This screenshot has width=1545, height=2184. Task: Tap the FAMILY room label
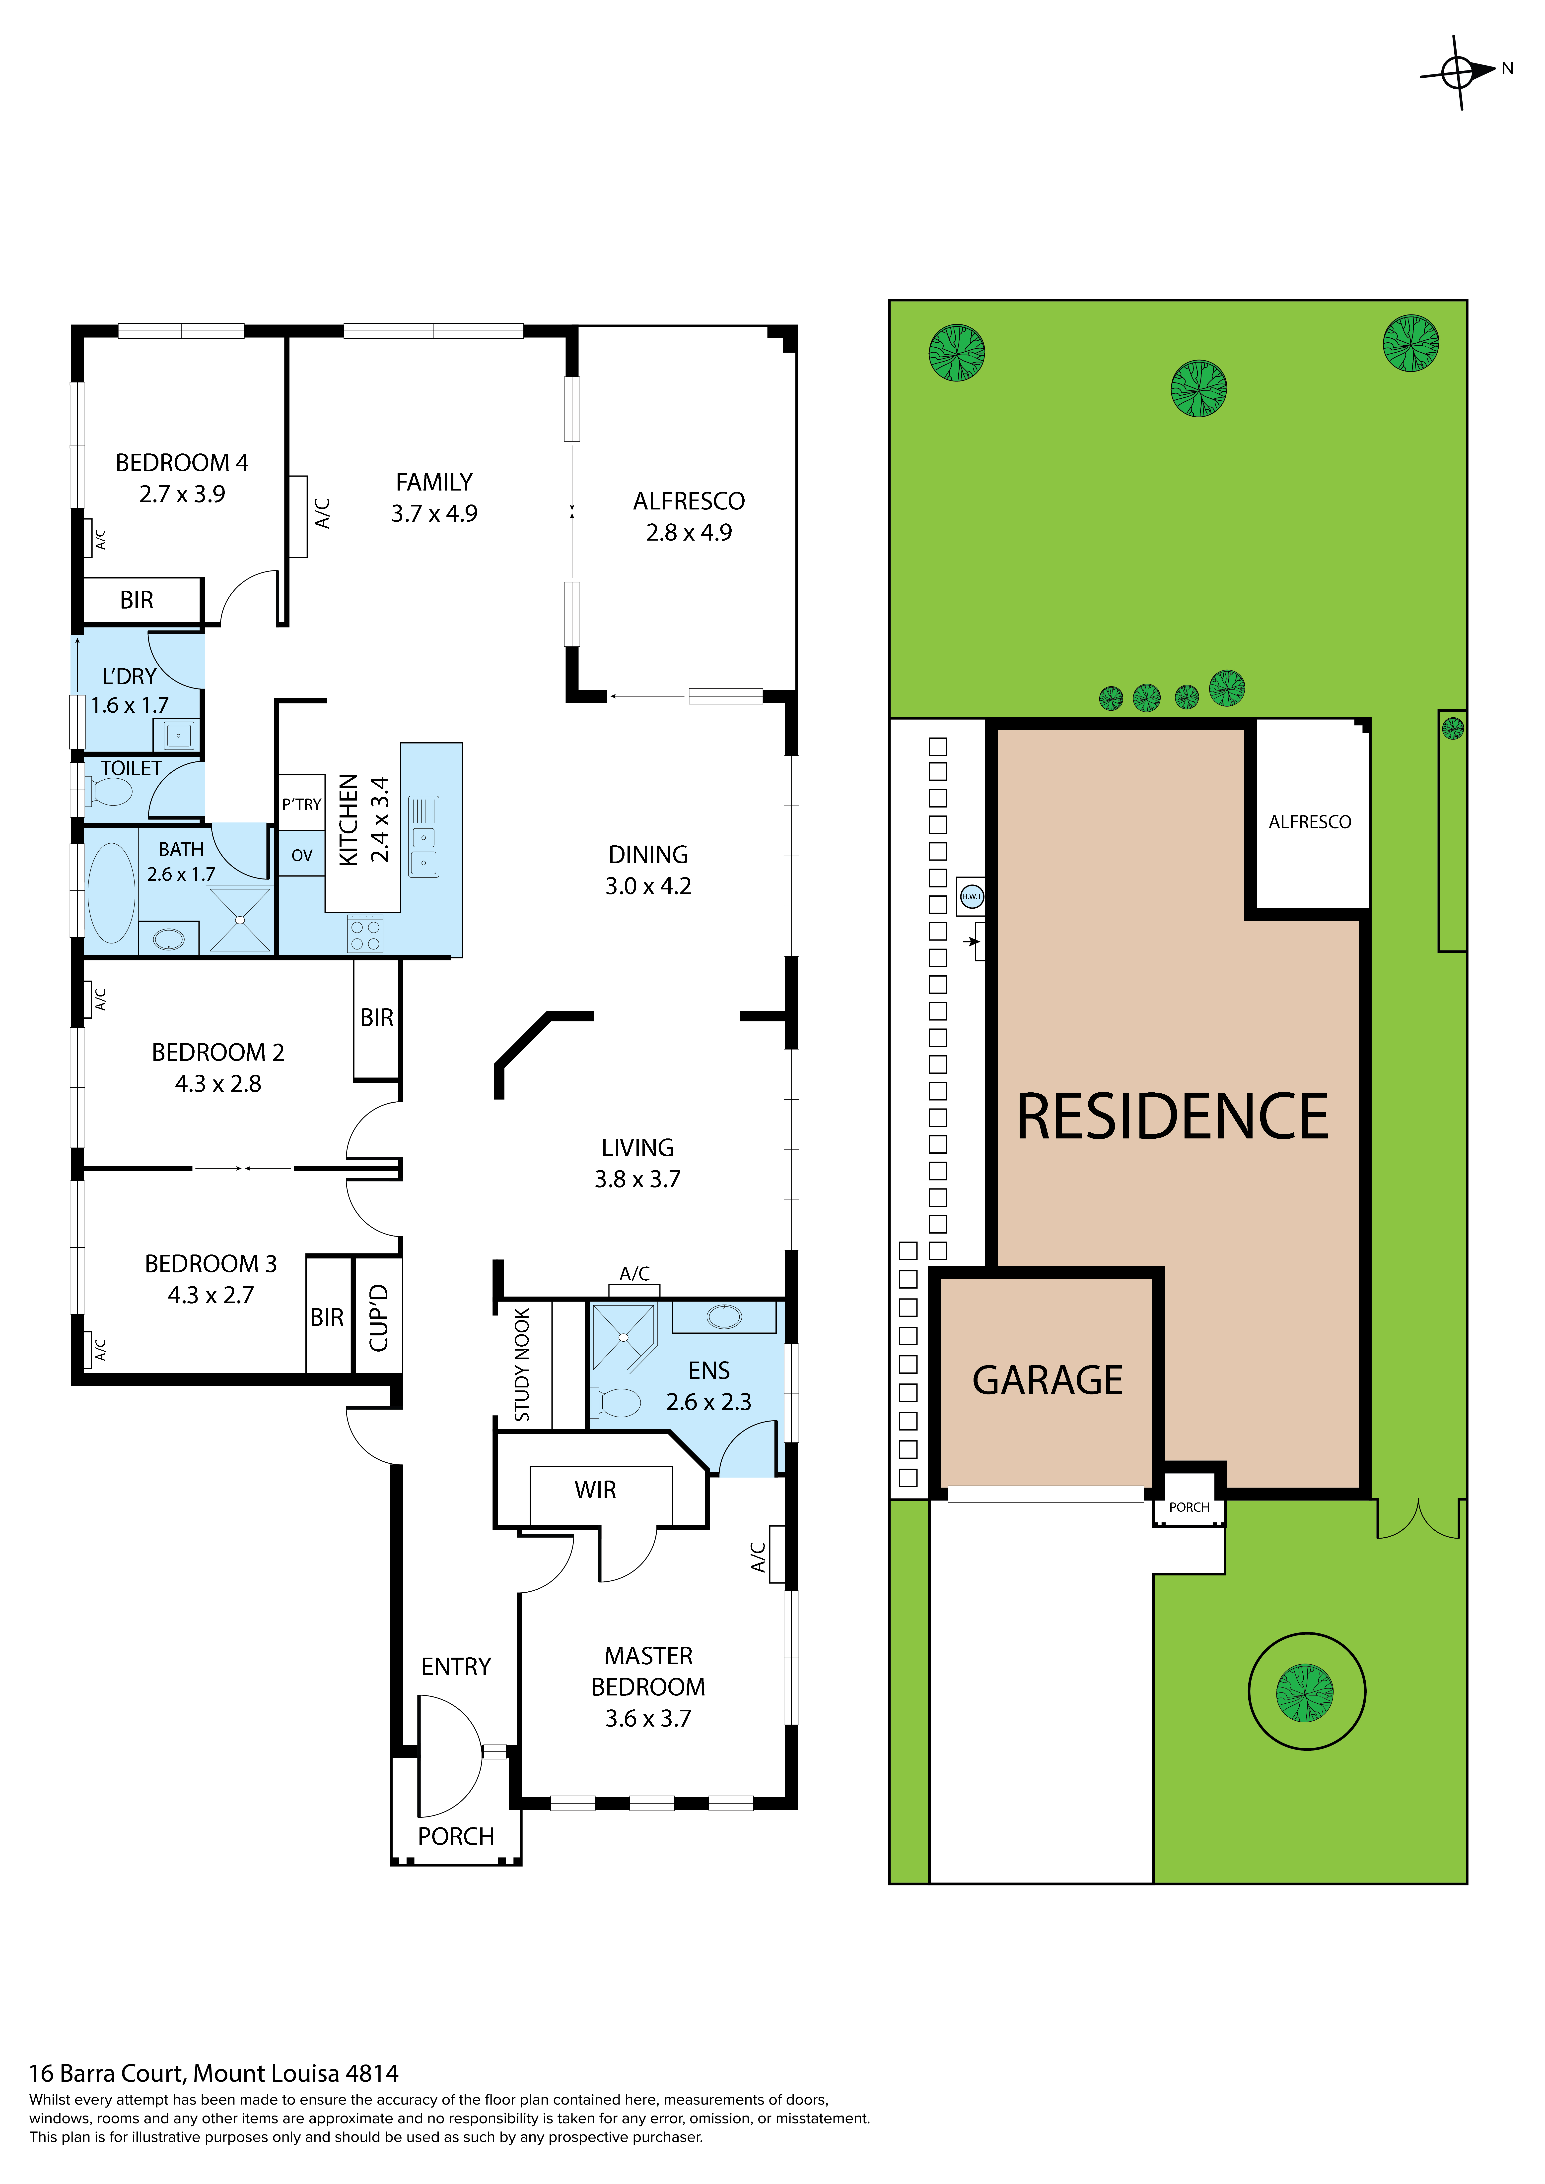click(434, 482)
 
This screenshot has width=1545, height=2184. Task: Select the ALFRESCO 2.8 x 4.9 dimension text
click(689, 533)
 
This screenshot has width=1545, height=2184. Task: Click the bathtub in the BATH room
click(111, 892)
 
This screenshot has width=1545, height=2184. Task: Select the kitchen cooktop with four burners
click(365, 934)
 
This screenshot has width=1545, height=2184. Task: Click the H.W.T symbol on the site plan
click(971, 896)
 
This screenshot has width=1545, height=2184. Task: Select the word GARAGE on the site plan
click(1048, 1380)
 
